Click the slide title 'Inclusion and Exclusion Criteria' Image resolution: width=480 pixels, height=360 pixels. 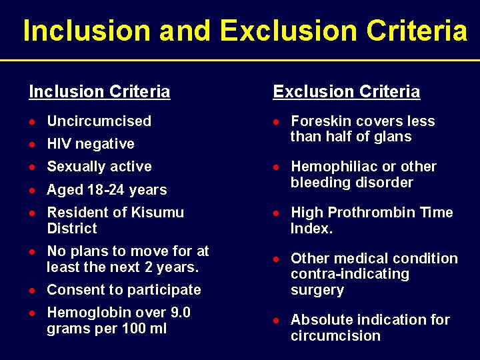(245, 31)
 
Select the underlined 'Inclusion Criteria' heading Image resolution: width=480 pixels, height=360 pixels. (99, 92)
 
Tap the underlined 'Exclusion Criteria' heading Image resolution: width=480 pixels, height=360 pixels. (347, 92)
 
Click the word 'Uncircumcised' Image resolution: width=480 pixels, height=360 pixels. (99, 121)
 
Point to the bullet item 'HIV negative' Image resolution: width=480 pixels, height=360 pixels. (90, 144)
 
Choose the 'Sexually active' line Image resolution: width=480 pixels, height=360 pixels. (99, 167)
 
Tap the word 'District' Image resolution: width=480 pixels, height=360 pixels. (72, 229)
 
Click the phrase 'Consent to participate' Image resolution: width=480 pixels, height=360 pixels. (123, 290)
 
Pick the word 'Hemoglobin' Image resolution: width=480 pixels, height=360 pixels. (87, 313)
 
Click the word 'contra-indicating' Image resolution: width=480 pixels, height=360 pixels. (350, 274)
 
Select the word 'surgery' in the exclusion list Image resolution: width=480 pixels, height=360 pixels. (317, 290)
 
